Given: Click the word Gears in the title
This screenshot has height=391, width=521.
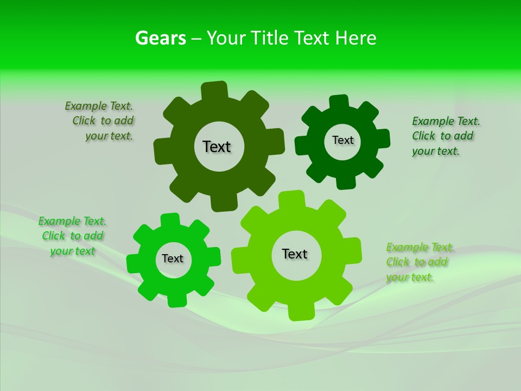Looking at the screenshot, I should [160, 38].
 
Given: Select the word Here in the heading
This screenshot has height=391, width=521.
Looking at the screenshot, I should [355, 38].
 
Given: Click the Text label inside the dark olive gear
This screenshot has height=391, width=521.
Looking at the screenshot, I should [217, 147].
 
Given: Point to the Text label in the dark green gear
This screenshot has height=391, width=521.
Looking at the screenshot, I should [342, 140].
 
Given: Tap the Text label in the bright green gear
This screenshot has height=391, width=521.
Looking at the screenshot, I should [173, 258].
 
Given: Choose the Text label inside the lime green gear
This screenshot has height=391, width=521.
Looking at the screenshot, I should [295, 254].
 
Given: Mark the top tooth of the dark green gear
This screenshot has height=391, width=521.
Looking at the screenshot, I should [339, 103].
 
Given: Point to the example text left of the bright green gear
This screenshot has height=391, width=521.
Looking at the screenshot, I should [73, 236].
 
